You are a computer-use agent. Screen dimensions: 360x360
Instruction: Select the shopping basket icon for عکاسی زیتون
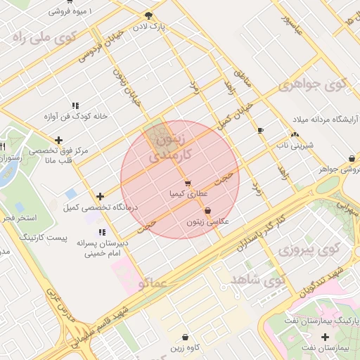pyautogui.click(x=207, y=210)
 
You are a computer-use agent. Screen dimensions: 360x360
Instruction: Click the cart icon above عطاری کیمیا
pyautogui.click(x=187, y=184)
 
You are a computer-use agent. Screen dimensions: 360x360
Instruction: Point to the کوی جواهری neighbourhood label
pyautogui.click(x=314, y=86)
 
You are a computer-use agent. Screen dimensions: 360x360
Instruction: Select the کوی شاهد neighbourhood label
pyautogui.click(x=259, y=280)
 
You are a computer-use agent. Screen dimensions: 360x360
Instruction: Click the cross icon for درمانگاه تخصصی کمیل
pyautogui.click(x=101, y=196)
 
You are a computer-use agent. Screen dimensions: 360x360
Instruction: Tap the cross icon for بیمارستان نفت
pyautogui.click(x=324, y=337)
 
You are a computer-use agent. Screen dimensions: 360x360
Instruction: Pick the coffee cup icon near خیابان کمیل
pyautogui.click(x=260, y=130)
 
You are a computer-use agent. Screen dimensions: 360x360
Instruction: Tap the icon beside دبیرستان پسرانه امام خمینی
pyautogui.click(x=102, y=231)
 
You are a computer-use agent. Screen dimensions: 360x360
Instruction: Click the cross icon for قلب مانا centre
pyautogui.click(x=58, y=140)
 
